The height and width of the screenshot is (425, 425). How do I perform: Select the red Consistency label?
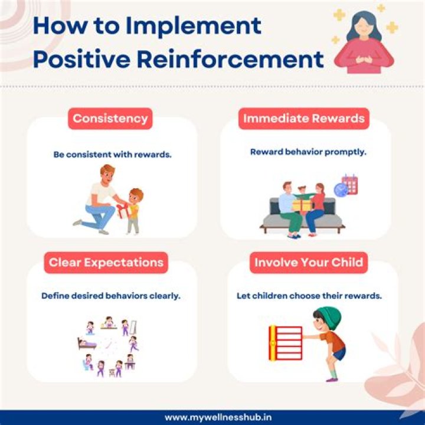(110, 118)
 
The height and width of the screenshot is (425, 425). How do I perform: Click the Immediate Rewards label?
(305, 118)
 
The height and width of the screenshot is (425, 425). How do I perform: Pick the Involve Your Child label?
(309, 262)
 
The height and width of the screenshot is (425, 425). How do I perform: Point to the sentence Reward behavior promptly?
(308, 152)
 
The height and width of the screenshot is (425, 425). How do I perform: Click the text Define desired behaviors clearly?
(110, 295)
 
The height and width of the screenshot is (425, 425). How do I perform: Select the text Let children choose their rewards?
(309, 295)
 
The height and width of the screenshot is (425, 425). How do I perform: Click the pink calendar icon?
(349, 184)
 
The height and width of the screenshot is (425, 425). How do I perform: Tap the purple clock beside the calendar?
(341, 189)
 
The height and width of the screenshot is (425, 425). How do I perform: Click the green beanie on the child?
(329, 317)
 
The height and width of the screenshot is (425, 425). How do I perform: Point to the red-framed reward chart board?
(286, 342)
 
